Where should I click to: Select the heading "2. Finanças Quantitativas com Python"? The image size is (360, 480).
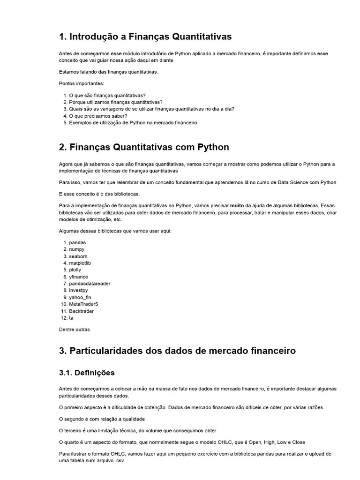[x=144, y=147]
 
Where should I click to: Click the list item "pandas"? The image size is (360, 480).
[x=77, y=242]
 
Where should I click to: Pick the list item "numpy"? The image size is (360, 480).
[x=77, y=249]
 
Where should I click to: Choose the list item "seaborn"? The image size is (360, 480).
[x=78, y=256]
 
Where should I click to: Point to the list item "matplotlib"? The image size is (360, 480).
[x=80, y=263]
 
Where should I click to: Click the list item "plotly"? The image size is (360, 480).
[x=75, y=270]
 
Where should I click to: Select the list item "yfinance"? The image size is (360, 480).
[x=78, y=277]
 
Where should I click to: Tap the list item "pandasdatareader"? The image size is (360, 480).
[x=90, y=284]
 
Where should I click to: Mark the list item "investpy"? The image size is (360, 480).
[x=78, y=291]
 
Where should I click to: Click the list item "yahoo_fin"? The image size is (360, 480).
[x=80, y=297]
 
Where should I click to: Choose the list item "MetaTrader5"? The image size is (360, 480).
[x=83, y=304]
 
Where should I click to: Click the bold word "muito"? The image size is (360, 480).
[x=237, y=206]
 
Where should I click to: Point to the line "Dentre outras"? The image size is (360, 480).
[x=74, y=329]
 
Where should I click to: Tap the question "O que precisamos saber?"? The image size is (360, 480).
[x=98, y=116]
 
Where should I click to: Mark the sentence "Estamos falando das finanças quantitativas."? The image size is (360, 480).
[x=108, y=72]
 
